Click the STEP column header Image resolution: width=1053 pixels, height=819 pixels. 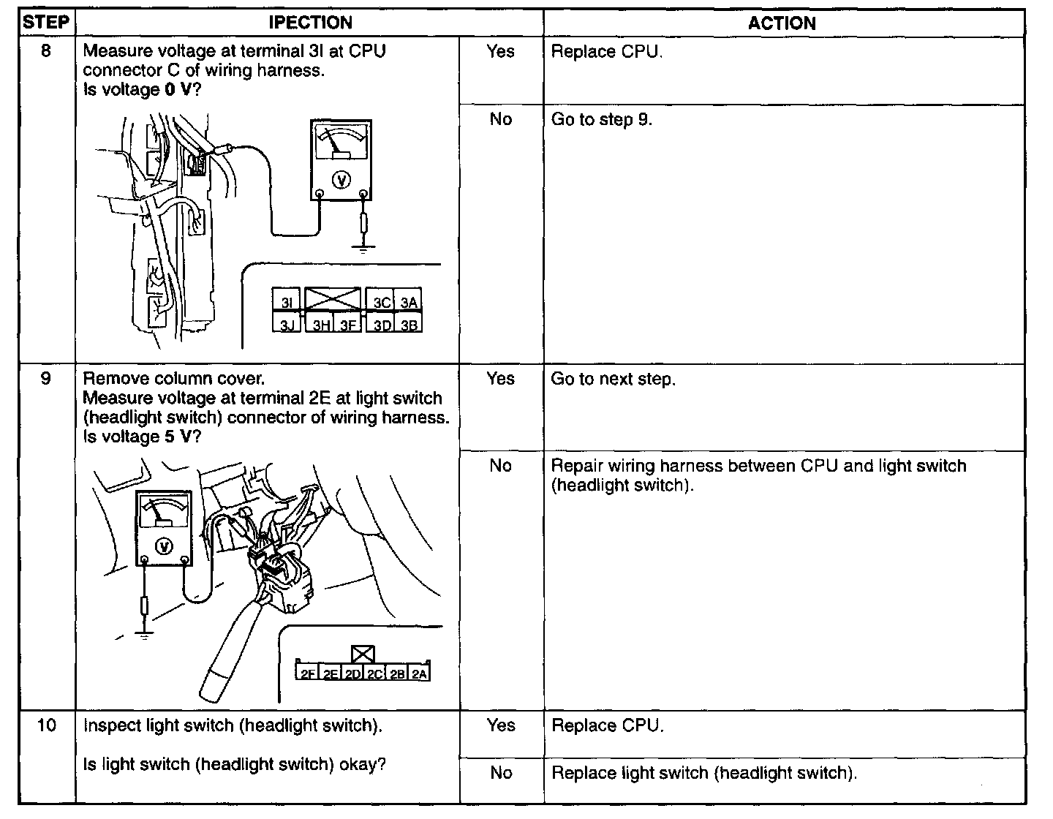click(x=46, y=23)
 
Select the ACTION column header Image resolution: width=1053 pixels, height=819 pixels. click(x=782, y=23)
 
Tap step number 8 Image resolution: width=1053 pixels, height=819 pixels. click(x=46, y=52)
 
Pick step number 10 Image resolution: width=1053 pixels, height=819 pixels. click(x=46, y=726)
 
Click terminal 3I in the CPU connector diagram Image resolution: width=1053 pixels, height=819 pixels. click(x=287, y=302)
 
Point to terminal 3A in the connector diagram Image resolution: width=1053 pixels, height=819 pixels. click(x=409, y=302)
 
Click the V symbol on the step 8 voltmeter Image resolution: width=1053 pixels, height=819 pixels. click(x=341, y=180)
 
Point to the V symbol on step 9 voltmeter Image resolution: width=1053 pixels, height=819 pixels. click(x=165, y=546)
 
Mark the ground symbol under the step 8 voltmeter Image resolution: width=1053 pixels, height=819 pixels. click(x=363, y=246)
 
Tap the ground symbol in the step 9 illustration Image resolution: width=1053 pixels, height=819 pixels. click(x=146, y=634)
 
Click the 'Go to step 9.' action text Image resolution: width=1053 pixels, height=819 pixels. click(x=601, y=120)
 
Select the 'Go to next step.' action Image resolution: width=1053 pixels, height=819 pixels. click(x=614, y=380)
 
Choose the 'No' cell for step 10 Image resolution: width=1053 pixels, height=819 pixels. click(x=501, y=773)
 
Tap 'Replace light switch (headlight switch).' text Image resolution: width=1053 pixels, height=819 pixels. click(x=704, y=774)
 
